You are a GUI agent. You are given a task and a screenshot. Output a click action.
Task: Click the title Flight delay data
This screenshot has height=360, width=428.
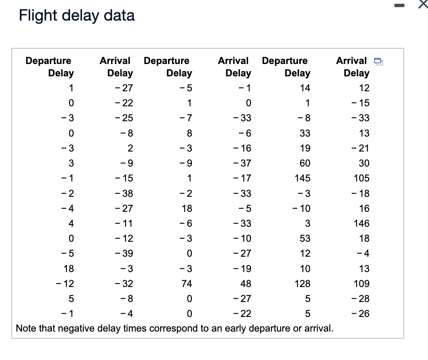click(x=77, y=16)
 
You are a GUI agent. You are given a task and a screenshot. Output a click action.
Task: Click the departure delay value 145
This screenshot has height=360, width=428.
click(x=302, y=178)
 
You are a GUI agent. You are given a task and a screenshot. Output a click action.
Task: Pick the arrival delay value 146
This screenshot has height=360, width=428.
click(x=361, y=223)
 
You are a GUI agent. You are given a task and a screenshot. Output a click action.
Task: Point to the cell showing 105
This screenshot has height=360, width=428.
click(x=361, y=178)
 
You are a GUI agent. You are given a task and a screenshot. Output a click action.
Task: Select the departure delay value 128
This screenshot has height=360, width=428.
click(x=302, y=284)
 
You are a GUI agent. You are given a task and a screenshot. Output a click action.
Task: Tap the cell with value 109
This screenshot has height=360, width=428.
click(x=361, y=284)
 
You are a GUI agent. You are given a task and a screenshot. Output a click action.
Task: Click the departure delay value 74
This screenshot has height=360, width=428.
click(x=187, y=284)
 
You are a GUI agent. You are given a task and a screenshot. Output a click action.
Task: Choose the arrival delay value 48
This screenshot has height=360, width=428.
click(x=246, y=284)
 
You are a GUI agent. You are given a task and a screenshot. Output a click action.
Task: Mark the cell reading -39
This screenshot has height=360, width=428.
click(x=125, y=254)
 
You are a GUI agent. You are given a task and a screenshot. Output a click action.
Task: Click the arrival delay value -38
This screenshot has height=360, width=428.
click(x=125, y=193)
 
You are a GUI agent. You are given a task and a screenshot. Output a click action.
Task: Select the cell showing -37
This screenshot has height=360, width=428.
click(x=243, y=163)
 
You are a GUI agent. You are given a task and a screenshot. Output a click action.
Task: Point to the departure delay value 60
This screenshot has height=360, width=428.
click(x=305, y=163)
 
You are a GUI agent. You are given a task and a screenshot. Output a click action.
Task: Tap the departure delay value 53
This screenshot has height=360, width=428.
click(x=305, y=238)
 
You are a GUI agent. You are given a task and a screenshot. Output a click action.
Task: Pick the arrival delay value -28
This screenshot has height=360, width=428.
click(x=361, y=299)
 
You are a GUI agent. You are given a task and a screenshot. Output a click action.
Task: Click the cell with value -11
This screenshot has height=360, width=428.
click(x=125, y=223)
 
